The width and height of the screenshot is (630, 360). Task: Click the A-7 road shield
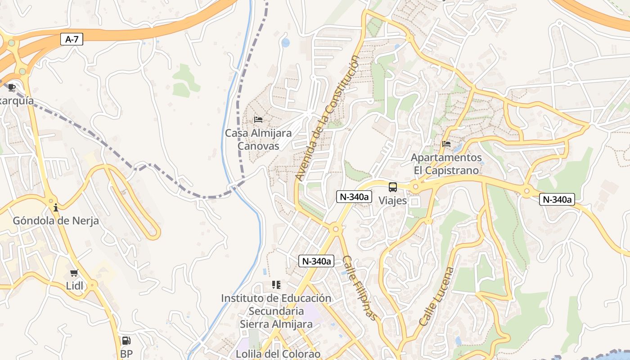point(72,40)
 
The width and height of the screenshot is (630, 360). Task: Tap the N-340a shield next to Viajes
point(354,197)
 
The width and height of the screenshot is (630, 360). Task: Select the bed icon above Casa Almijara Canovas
point(258,120)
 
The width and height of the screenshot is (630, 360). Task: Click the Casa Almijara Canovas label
point(258,139)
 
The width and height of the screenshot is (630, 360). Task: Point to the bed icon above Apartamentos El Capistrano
point(446,144)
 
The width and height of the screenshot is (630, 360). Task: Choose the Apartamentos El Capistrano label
point(446,164)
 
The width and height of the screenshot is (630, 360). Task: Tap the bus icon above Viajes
point(393,187)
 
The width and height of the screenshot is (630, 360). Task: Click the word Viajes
point(393,201)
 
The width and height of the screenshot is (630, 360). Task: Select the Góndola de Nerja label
point(56,221)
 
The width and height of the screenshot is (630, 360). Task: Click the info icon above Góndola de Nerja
point(56,207)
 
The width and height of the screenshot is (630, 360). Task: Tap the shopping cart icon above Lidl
point(74,273)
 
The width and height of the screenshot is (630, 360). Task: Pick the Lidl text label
point(75,286)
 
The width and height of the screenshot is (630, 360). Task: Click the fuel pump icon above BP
point(126,341)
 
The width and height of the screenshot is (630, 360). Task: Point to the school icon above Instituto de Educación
point(276,285)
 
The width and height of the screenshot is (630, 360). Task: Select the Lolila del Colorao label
point(279,354)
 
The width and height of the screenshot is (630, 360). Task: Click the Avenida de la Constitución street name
point(328,118)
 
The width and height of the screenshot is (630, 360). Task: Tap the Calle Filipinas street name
point(360,288)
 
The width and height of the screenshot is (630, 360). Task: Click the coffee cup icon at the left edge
point(12,87)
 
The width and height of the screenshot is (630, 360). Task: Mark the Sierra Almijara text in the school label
point(276,324)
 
